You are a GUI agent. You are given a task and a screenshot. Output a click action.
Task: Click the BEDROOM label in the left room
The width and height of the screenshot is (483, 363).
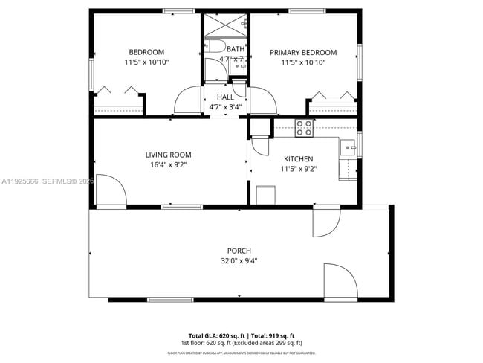[146, 52]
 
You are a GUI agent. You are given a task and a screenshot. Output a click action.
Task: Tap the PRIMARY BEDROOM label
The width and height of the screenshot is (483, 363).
[302, 52]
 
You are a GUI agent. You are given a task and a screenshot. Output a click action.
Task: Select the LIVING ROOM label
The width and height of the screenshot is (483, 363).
[169, 155]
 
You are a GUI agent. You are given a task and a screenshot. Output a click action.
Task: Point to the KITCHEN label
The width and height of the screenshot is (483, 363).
[298, 159]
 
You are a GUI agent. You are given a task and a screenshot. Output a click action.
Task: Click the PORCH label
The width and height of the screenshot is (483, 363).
[239, 251]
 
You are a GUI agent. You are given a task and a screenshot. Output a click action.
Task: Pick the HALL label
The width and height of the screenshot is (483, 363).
[225, 97]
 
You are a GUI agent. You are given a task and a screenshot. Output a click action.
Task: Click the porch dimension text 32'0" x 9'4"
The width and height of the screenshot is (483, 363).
[239, 261]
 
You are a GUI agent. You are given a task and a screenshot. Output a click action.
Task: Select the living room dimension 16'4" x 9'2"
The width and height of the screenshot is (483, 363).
[169, 165]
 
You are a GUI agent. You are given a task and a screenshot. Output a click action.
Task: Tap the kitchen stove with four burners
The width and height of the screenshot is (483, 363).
[304, 128]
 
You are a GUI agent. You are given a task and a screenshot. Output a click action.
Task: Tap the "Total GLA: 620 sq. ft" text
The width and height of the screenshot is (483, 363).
[217, 335]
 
